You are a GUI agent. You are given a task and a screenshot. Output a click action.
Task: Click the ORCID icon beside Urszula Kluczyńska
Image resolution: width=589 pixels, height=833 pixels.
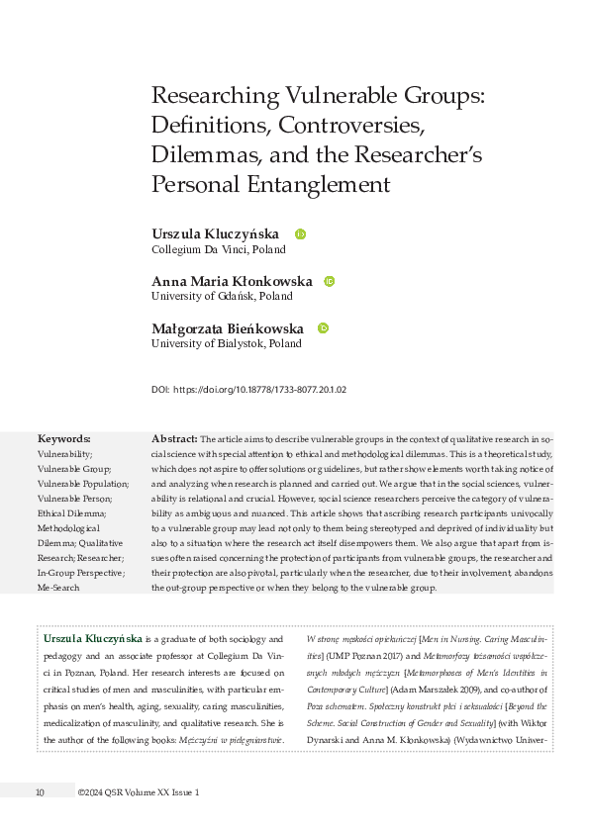pyautogui.click(x=301, y=234)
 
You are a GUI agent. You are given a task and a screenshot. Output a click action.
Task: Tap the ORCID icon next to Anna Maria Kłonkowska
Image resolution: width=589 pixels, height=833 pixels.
pyautogui.click(x=330, y=281)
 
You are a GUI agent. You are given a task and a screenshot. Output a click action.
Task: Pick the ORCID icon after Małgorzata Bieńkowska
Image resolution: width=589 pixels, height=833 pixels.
pyautogui.click(x=323, y=327)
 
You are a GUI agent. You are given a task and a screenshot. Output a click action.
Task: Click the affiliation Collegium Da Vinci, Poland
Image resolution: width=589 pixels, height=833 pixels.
pyautogui.click(x=218, y=249)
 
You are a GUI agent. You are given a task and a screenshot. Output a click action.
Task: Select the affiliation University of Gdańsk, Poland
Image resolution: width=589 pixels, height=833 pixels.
pyautogui.click(x=222, y=296)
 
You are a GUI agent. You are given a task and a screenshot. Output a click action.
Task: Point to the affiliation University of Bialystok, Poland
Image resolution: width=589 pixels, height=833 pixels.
pyautogui.click(x=226, y=343)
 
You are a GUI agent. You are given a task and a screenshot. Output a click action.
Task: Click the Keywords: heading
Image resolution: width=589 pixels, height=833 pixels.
pyautogui.click(x=63, y=438)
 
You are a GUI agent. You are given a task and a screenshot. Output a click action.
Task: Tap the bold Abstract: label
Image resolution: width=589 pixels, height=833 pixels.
pyautogui.click(x=173, y=437)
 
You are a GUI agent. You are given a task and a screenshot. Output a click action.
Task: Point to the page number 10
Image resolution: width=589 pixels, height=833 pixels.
pyautogui.click(x=40, y=792)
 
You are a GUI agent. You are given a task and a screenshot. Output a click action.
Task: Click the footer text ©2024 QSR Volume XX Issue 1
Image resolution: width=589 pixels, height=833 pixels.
pyautogui.click(x=141, y=792)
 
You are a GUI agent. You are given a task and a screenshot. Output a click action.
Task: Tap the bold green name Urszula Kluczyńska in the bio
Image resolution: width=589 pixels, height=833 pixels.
pyautogui.click(x=93, y=640)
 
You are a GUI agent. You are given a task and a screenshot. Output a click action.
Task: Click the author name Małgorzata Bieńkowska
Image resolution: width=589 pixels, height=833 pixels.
pyautogui.click(x=228, y=327)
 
